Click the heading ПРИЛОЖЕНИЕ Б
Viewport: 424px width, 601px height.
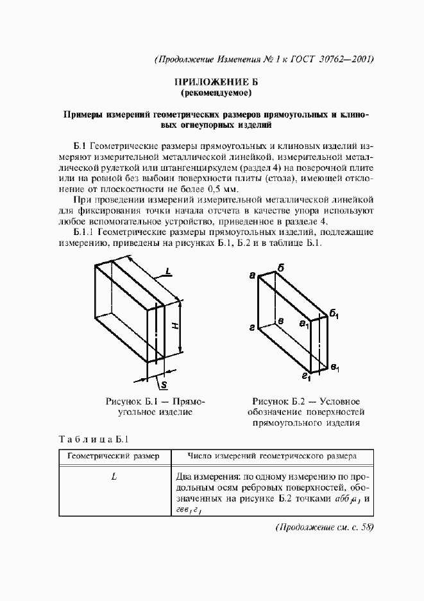tap(212, 83)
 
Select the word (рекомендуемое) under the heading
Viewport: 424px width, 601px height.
tap(212, 94)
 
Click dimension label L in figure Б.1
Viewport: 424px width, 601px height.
tap(167, 272)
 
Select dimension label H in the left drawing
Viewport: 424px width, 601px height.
tap(174, 326)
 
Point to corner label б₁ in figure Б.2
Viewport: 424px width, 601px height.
tap(334, 313)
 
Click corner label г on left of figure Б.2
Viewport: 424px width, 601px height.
tap(253, 327)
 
